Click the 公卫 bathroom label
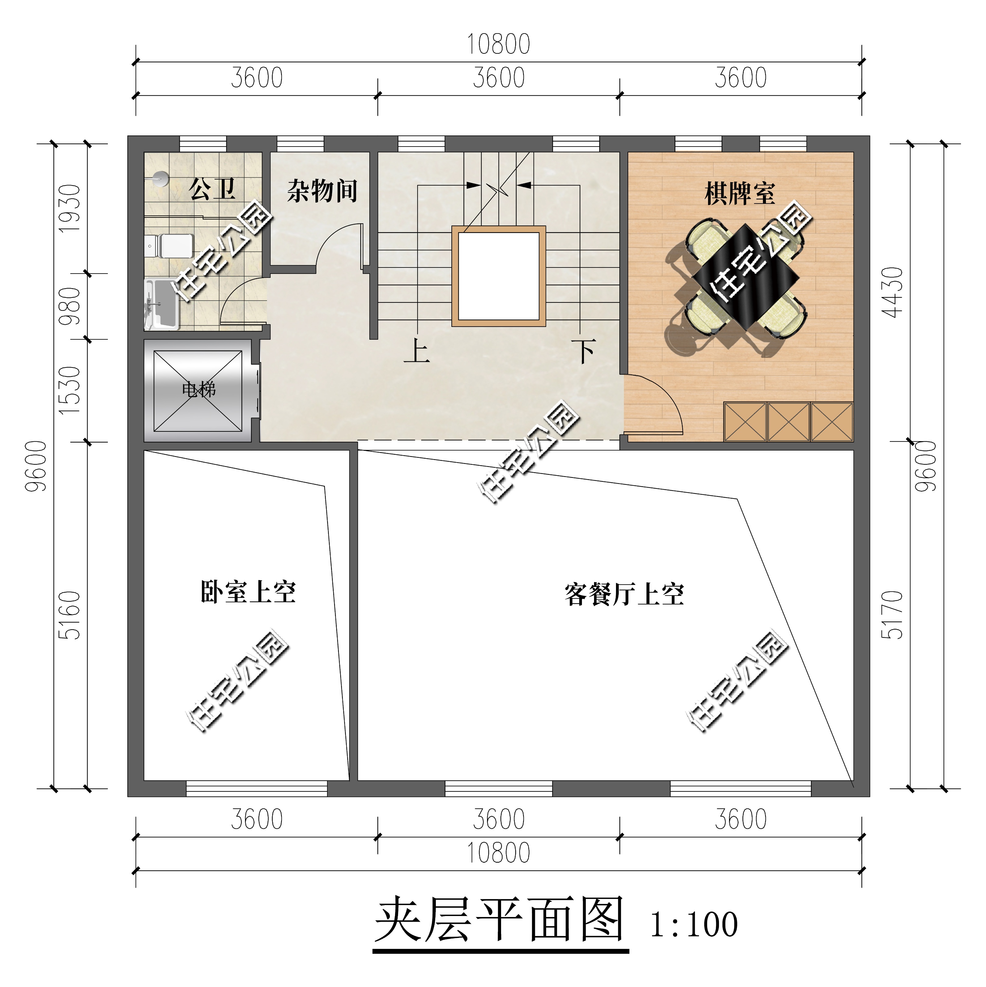coord(212,189)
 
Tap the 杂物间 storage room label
coord(322,191)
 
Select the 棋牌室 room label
coord(740,194)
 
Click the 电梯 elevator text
coord(199,390)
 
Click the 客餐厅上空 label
coord(624,594)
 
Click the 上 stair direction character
coord(417,352)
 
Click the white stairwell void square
coord(498,276)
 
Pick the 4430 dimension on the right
coord(893,292)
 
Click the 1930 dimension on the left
coord(70,208)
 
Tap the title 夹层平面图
coord(500,920)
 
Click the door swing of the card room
coord(659,404)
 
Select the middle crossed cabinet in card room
coord(788,422)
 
